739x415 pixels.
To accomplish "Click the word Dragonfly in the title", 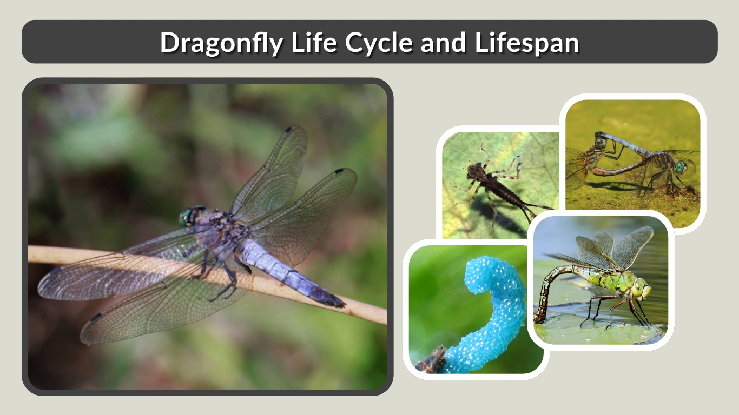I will [221, 42].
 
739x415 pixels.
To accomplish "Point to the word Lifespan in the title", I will [527, 42].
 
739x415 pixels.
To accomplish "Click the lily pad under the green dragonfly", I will [595, 331].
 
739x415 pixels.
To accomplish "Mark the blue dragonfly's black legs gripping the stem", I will [227, 278].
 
